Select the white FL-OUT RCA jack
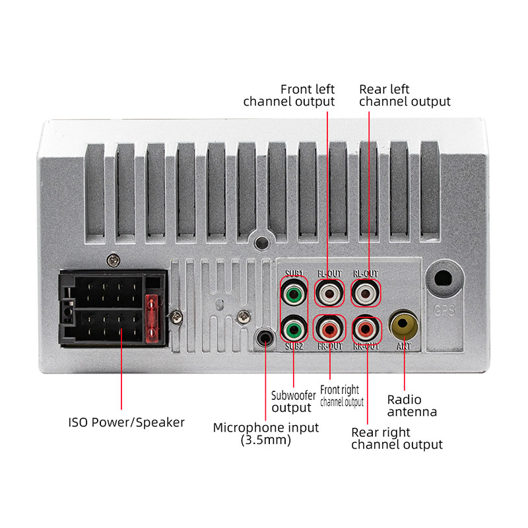pyautogui.click(x=329, y=290)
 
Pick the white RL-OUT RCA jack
pyautogui.click(x=365, y=290)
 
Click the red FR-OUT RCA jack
pyautogui.click(x=329, y=327)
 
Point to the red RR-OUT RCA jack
pyautogui.click(x=365, y=327)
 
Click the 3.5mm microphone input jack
pyautogui.click(x=265, y=339)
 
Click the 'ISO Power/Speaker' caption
pyautogui.click(x=127, y=422)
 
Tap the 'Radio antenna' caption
pyautogui.click(x=412, y=406)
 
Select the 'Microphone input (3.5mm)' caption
pyautogui.click(x=265, y=434)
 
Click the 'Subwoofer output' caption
pyautogui.click(x=293, y=402)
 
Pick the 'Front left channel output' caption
pyautogui.click(x=289, y=95)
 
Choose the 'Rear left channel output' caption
pyautogui.click(x=405, y=95)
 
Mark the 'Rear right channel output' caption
pyautogui.click(x=397, y=438)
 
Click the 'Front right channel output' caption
pyautogui.click(x=341, y=396)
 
